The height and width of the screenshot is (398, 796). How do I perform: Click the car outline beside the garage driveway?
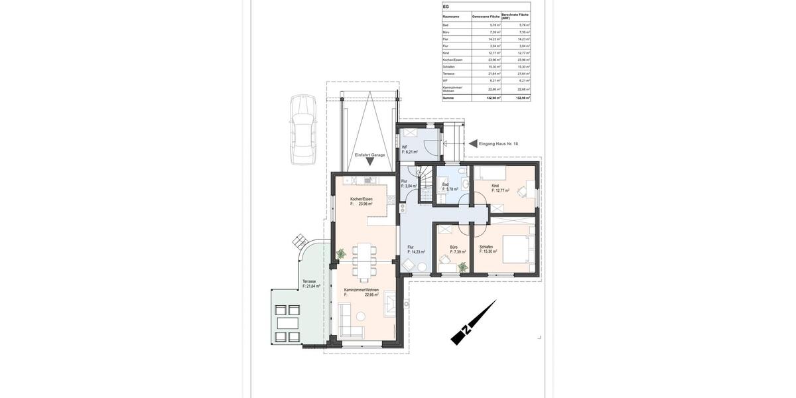click(302, 130)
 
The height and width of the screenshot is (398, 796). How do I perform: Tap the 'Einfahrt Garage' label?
click(369, 155)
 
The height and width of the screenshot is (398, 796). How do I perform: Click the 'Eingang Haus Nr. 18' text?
click(498, 143)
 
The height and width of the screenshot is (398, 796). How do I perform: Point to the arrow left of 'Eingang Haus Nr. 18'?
click(473, 143)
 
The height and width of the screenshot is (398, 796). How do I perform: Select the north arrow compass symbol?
click(473, 323)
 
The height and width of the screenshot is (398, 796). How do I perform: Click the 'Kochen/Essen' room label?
click(362, 199)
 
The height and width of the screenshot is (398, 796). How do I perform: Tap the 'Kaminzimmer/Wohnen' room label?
click(362, 290)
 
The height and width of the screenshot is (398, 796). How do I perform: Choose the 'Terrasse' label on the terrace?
click(310, 281)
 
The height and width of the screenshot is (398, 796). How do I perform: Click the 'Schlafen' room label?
click(486, 247)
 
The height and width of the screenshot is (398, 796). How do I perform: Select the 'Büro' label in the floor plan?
click(454, 247)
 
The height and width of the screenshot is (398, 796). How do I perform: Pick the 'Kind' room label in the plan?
click(495, 186)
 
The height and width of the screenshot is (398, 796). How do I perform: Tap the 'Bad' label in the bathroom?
click(446, 184)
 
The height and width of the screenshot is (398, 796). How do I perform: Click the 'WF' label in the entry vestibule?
click(405, 147)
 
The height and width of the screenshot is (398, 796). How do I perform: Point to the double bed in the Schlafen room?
click(518, 249)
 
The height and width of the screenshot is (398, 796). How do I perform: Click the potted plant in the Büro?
click(462, 267)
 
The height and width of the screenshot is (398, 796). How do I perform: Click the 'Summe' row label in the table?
click(448, 98)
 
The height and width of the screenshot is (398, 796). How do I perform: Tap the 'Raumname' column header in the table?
click(451, 16)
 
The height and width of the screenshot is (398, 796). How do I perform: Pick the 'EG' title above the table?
click(446, 7)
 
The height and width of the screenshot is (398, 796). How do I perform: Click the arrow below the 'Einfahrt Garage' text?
click(369, 161)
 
